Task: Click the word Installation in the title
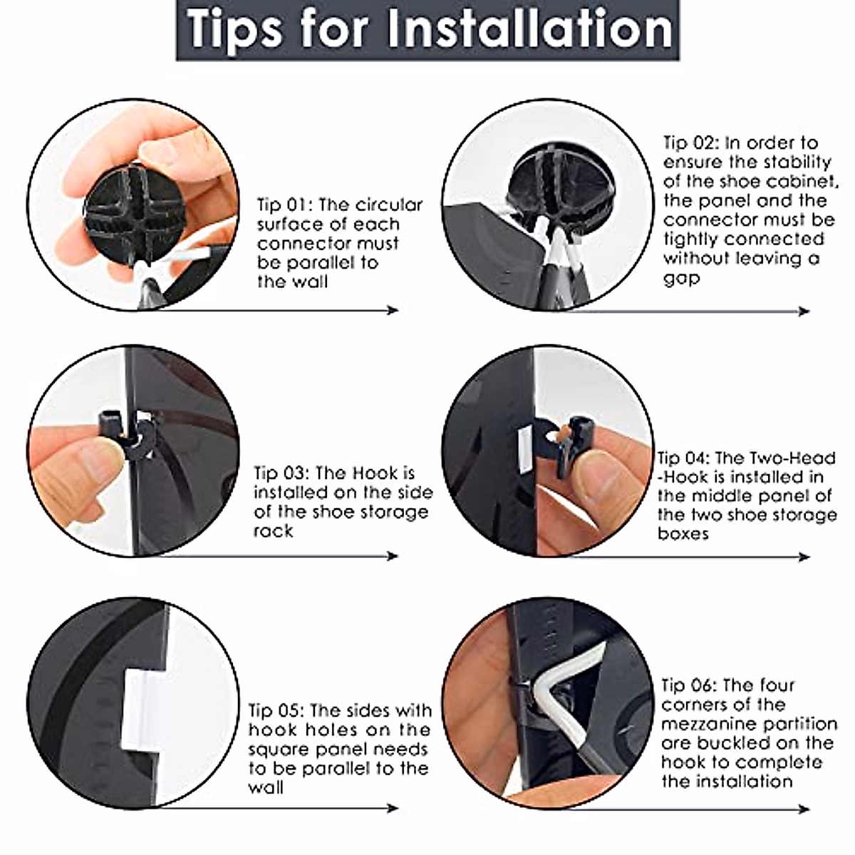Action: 530,28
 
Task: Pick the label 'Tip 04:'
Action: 684,458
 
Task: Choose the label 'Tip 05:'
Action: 276,710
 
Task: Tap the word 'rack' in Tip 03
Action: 274,531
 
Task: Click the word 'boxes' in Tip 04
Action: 683,534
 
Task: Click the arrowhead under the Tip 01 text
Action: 392,310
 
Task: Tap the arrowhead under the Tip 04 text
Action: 804,556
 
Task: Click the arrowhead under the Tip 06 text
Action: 804,809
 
